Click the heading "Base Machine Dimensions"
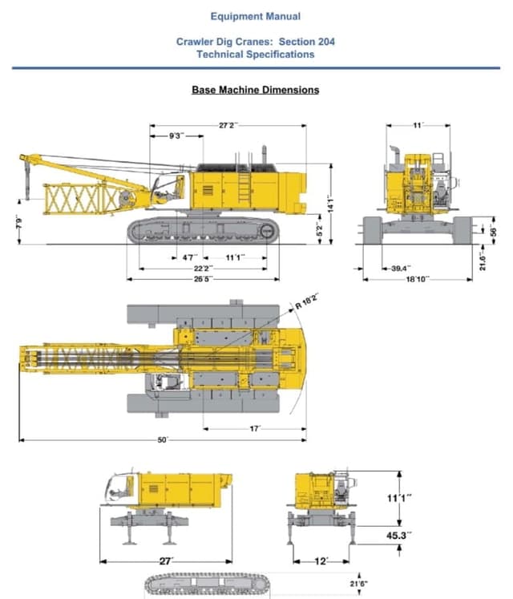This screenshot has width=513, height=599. [255, 90]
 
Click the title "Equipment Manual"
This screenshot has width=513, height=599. [256, 16]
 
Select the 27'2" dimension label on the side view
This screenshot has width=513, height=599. [228, 125]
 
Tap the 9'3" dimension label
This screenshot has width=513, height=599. [176, 136]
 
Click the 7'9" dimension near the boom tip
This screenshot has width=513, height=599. [18, 222]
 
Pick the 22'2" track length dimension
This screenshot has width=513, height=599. [203, 268]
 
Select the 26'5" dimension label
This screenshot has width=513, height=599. [203, 279]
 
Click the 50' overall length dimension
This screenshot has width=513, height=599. [162, 440]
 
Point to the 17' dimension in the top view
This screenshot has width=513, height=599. [255, 429]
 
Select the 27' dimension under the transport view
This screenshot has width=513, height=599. [166, 561]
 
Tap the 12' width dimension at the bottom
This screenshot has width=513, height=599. [321, 561]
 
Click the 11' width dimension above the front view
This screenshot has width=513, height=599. [418, 126]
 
